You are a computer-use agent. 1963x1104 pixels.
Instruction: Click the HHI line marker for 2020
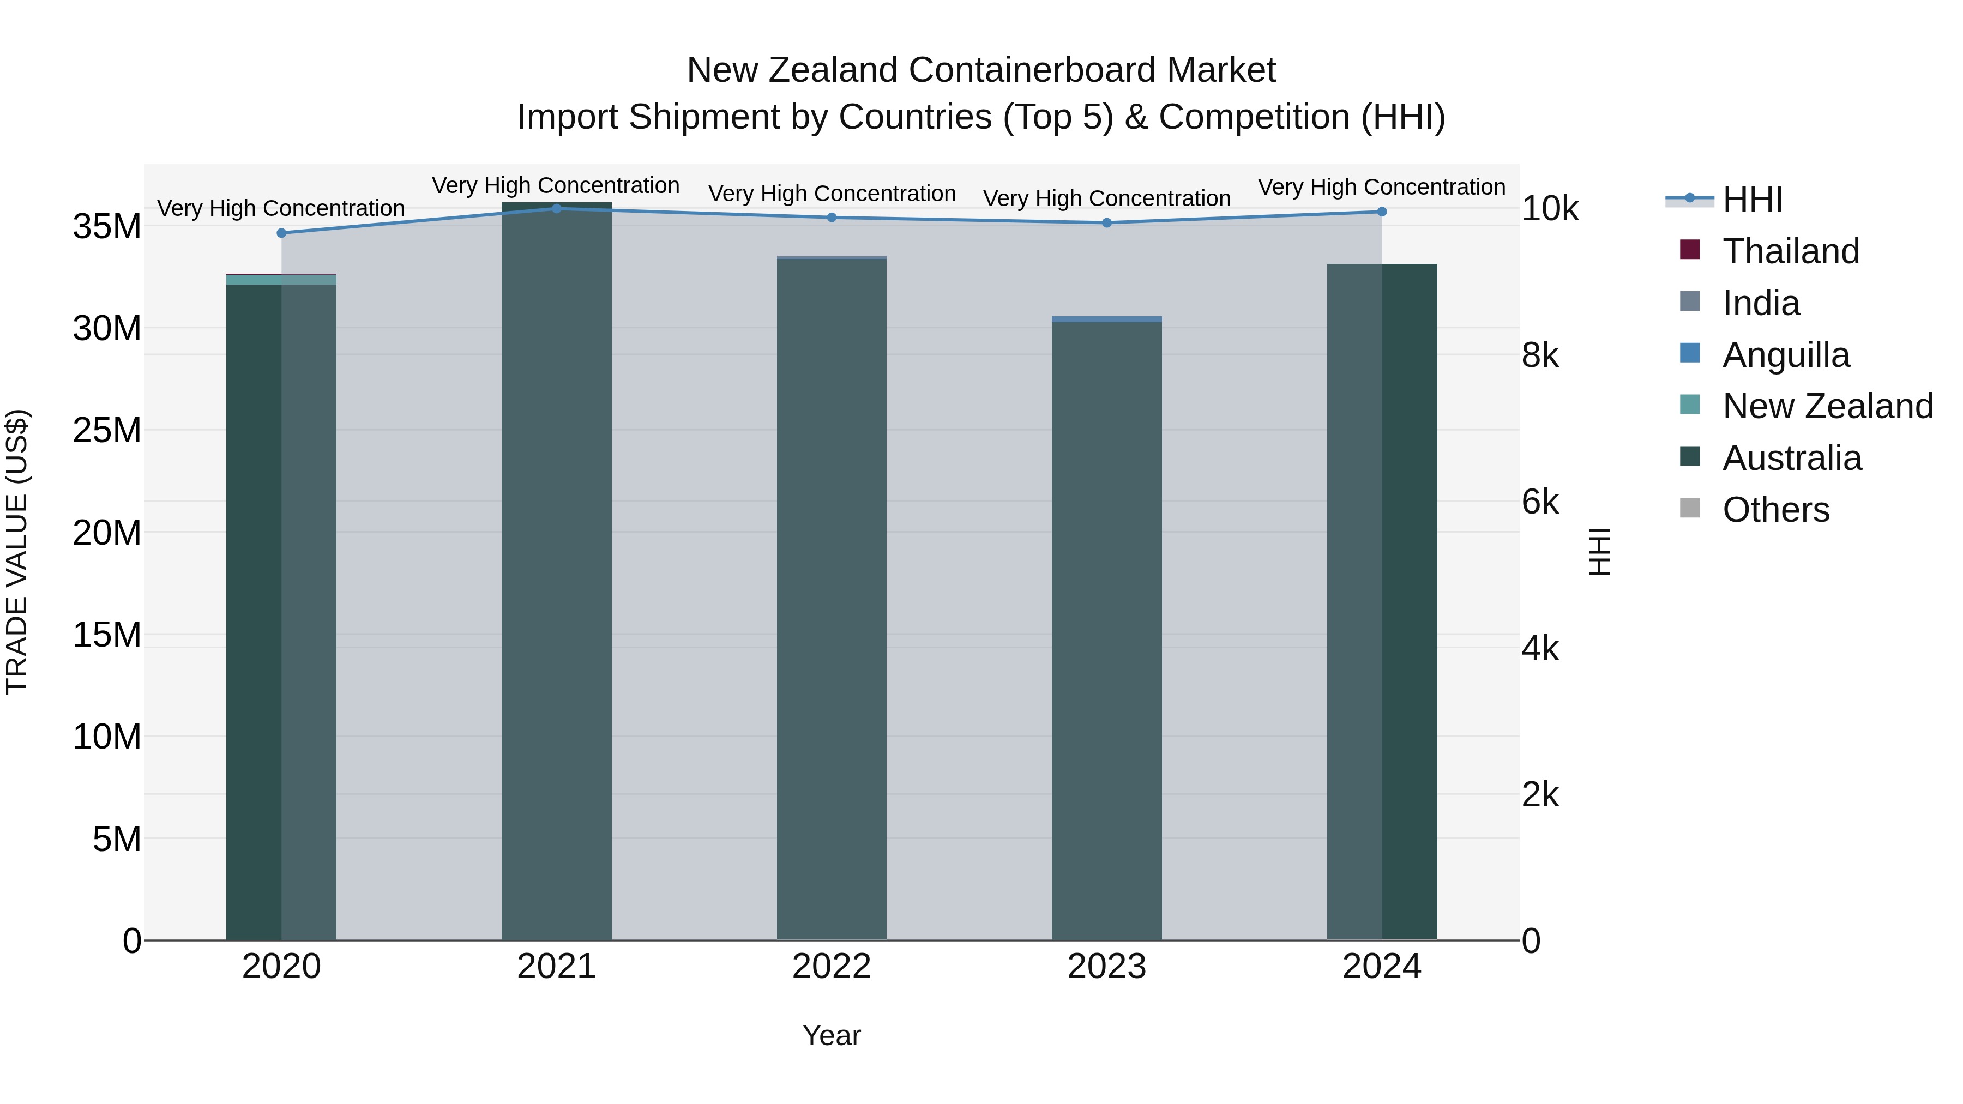coord(281,233)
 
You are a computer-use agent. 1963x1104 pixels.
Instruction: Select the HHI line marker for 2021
coord(556,209)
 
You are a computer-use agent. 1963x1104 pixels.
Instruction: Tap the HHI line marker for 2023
coord(1106,223)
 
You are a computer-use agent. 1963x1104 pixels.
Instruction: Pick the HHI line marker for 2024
coord(1382,212)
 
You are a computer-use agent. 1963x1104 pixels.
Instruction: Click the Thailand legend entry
coord(1790,251)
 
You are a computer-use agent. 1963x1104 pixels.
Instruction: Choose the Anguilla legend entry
coord(1785,355)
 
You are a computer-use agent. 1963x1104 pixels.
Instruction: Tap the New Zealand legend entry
coord(1827,406)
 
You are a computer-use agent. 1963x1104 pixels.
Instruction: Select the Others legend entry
coord(1775,510)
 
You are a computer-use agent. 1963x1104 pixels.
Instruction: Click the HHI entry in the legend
coord(1752,200)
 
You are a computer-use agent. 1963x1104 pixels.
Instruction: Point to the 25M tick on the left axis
coord(107,431)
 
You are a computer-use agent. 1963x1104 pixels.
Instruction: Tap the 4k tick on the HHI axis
coord(1540,649)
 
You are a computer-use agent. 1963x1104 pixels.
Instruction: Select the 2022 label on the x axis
coord(832,967)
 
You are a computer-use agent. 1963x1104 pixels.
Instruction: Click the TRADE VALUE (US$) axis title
coord(17,552)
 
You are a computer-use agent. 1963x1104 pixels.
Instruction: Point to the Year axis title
coord(832,1035)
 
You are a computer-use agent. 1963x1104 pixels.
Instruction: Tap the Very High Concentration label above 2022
coord(832,194)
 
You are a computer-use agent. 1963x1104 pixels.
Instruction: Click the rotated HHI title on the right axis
coord(1599,552)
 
